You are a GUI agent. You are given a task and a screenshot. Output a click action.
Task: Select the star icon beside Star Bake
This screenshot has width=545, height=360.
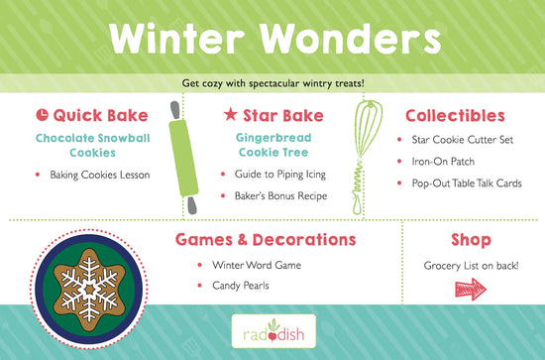click(231, 116)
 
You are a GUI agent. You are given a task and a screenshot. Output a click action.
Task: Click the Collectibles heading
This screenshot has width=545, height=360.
click(455, 116)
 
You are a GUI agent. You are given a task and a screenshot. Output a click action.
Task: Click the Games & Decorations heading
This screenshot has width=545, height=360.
click(266, 239)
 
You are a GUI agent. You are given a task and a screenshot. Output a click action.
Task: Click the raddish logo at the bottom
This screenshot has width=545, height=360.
click(272, 330)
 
